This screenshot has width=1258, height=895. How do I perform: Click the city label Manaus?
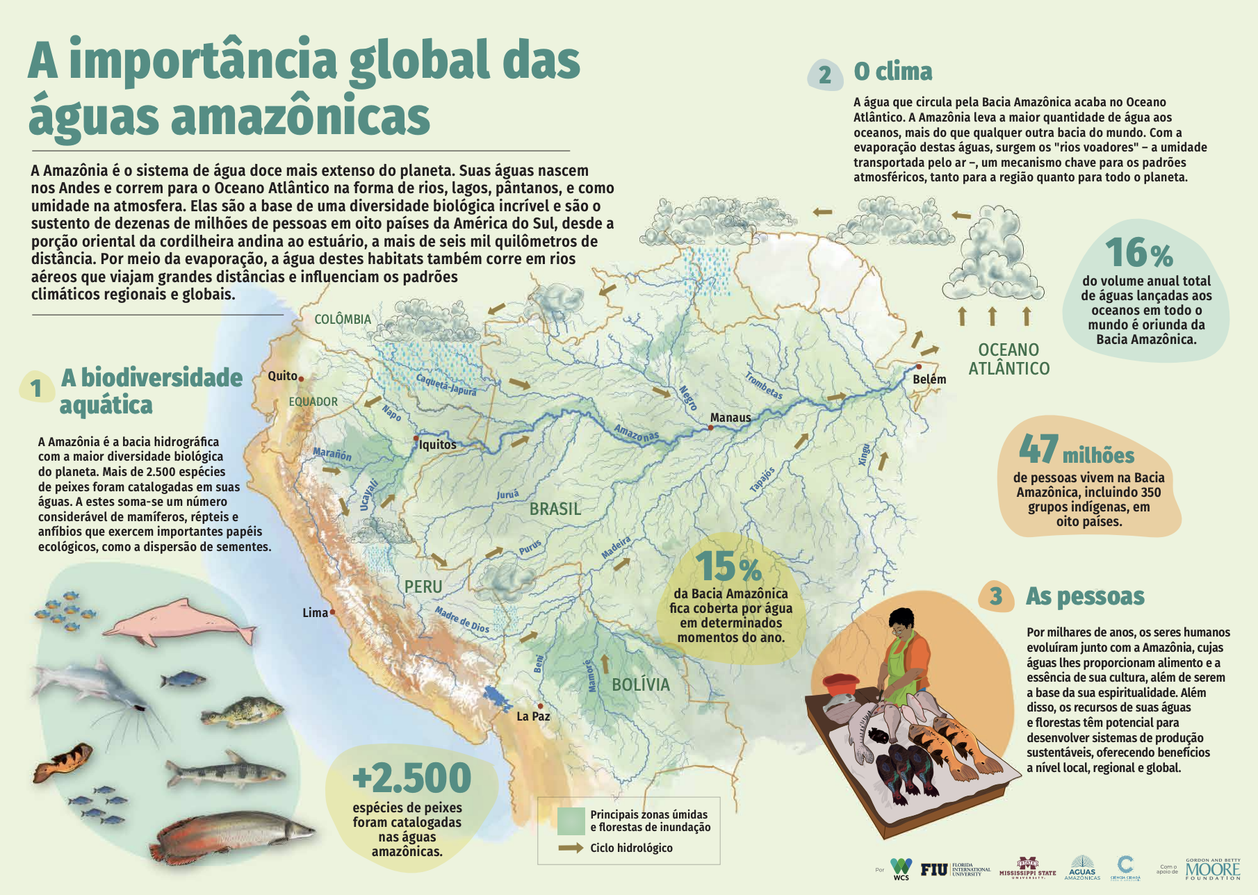point(730,418)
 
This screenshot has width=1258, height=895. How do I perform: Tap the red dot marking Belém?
point(918,367)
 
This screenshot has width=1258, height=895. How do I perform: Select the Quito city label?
point(282,376)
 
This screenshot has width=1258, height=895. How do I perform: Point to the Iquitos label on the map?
point(438,445)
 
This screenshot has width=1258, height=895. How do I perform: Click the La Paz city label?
point(533,716)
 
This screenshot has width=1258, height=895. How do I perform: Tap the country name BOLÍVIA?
point(641,684)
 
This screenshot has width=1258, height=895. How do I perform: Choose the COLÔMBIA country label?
point(343,320)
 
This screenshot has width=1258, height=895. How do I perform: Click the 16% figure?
point(1138,253)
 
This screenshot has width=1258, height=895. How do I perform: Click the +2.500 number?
point(411,778)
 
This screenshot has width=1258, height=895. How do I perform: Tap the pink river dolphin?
point(179,621)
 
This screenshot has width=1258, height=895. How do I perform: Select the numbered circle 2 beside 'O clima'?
point(825,74)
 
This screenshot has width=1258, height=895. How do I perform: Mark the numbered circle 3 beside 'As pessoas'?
point(996,596)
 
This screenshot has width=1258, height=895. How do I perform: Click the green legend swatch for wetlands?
point(571,821)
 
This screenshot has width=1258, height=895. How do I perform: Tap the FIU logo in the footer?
point(934,869)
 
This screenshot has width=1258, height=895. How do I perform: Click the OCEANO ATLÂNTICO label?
point(1009,359)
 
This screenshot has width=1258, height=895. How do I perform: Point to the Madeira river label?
point(616,548)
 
